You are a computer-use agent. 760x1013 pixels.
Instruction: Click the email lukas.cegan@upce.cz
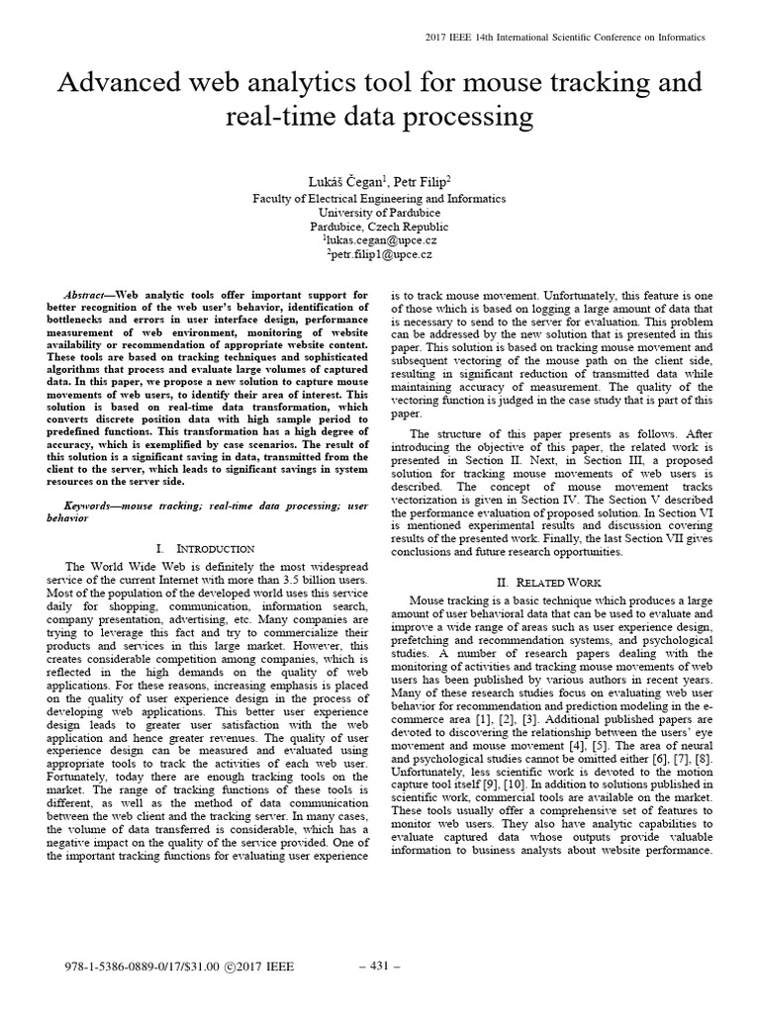click(380, 239)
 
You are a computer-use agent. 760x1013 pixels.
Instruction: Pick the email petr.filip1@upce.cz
click(380, 254)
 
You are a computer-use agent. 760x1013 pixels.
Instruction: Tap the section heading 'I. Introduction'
click(205, 548)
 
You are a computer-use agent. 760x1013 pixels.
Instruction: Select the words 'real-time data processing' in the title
click(380, 118)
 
